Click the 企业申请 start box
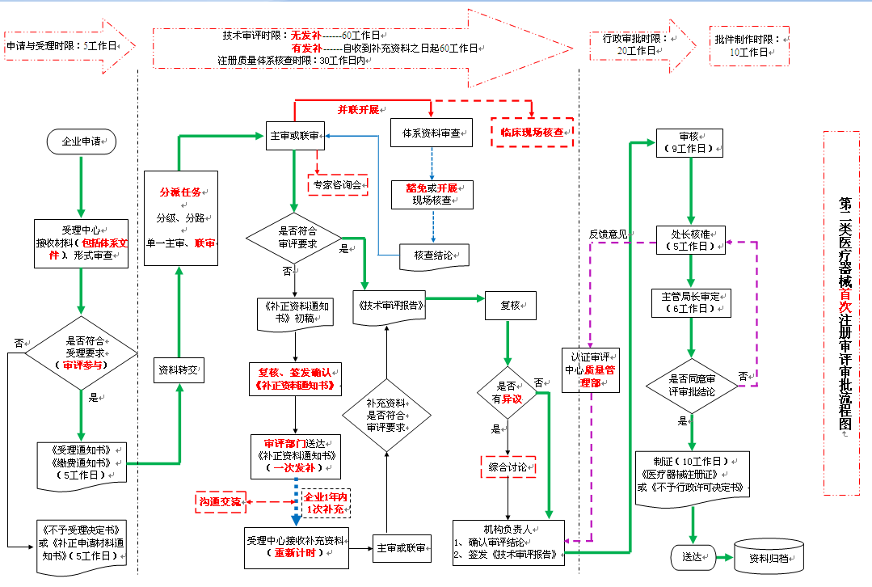pos(82,141)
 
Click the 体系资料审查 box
pos(431,134)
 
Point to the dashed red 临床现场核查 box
pos(533,132)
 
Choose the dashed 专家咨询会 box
pos(337,185)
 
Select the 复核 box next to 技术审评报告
pos(509,306)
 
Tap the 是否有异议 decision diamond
pos(508,392)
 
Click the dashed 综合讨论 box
pos(508,467)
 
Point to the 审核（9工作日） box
pos(689,143)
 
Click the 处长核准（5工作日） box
pos(689,240)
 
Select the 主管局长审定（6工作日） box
pos(690,302)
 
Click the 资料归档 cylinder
pos(769,557)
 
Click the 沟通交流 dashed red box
pos(221,502)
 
